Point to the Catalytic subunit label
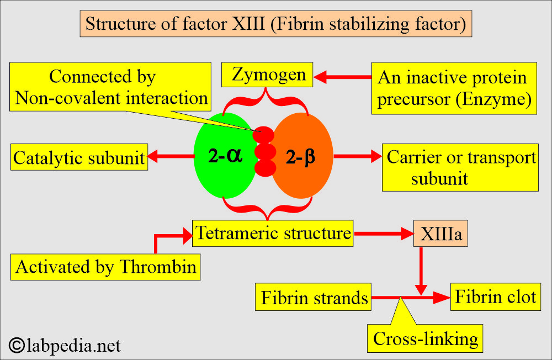[x=79, y=158]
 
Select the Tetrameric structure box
[x=273, y=233]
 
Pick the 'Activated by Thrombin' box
[x=106, y=267]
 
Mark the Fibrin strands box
[x=314, y=298]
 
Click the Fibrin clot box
[x=495, y=297]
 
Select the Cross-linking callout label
[x=425, y=338]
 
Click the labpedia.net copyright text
[x=65, y=346]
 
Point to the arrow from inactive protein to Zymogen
[x=342, y=78]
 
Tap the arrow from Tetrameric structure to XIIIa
[x=384, y=234]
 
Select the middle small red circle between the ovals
[x=264, y=151]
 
